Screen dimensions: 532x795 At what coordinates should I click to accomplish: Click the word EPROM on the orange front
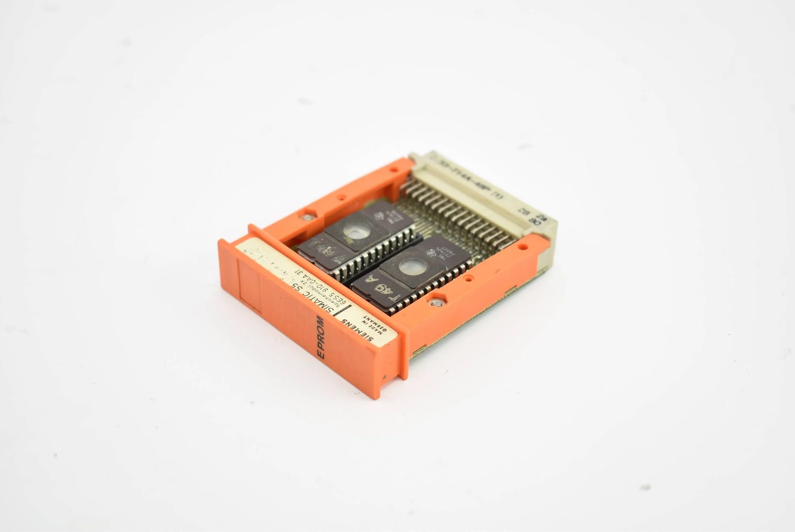click(321, 337)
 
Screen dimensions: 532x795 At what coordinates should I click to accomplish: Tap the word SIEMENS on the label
click(357, 330)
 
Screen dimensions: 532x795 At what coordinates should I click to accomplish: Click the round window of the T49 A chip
click(413, 266)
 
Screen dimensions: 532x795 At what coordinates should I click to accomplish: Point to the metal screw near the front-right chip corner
click(436, 303)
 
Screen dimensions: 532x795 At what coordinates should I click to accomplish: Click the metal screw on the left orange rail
click(307, 217)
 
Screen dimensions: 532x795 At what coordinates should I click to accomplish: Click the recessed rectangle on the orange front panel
click(250, 286)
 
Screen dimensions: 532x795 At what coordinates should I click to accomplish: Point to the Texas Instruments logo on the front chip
click(431, 253)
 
